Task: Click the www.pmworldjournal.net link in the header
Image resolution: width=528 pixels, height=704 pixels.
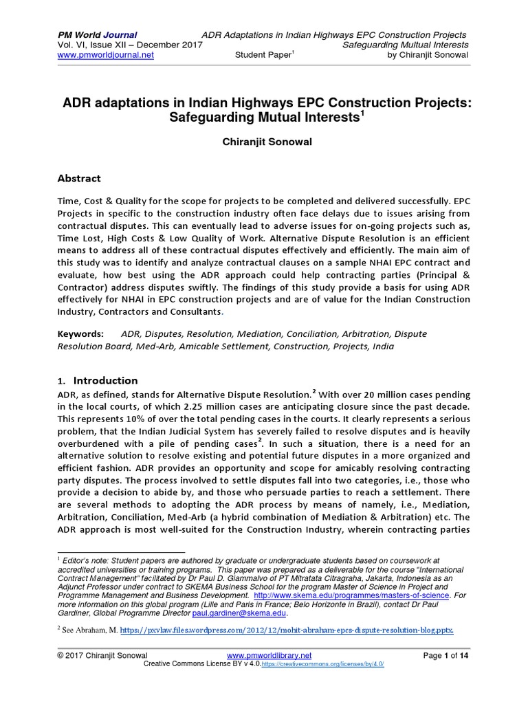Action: tap(104, 55)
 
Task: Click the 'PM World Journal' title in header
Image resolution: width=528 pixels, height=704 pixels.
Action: tap(96, 34)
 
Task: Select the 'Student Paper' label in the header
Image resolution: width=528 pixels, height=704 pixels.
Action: tap(264, 55)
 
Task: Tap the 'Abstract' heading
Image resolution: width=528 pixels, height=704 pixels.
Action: tap(79, 179)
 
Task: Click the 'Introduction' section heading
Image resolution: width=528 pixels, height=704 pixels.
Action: tap(105, 380)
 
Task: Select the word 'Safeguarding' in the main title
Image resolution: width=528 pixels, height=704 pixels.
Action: tap(218, 118)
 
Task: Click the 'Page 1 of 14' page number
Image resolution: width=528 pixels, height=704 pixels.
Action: tap(445, 656)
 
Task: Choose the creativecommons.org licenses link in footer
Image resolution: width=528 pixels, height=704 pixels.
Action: tap(322, 664)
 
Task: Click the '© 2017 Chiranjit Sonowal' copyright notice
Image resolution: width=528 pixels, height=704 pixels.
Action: tap(103, 656)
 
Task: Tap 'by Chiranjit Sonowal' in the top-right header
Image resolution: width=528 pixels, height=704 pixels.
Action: tap(427, 55)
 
